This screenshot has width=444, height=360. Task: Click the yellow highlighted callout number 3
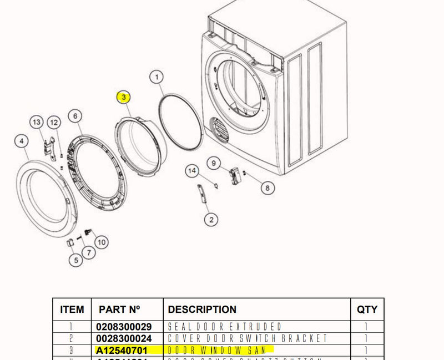point(124,98)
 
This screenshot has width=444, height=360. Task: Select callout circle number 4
point(21,141)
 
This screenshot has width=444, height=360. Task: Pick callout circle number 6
point(75,116)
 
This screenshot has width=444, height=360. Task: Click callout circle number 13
point(37,122)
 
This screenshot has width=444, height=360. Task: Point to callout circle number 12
point(54,122)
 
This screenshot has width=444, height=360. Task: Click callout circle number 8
point(267,188)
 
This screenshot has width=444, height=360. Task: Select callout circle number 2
point(210,220)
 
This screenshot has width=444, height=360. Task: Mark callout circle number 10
point(101,242)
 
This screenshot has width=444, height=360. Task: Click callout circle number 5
point(75,259)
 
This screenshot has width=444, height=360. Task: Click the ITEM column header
point(72,310)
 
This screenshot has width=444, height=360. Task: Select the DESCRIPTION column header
point(202,310)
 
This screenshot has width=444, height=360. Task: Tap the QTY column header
point(367,310)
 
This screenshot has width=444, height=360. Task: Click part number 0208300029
point(124,327)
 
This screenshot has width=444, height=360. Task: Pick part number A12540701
point(122,349)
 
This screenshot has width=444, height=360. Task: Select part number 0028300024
point(124,338)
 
